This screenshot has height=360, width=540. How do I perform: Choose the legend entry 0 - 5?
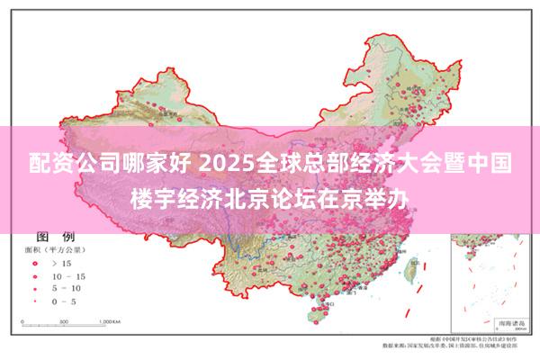[67, 301]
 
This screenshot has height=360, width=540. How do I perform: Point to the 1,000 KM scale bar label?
[110, 320]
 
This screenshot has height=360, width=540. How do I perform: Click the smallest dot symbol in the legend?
[34, 301]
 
